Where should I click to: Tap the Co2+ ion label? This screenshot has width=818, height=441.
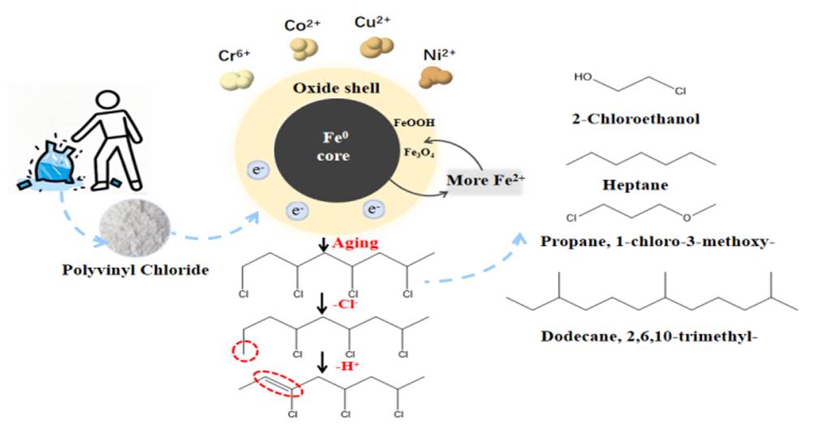304,25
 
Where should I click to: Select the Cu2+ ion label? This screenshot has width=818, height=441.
374,23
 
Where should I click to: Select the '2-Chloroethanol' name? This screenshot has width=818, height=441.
635,120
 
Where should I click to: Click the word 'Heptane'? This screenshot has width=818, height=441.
642,185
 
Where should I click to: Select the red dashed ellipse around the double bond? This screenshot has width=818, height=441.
278,384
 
